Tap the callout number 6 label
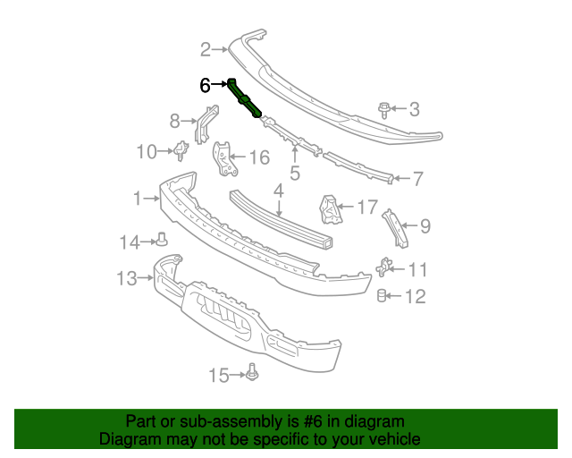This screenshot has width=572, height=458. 205,86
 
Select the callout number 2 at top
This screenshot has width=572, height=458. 205,49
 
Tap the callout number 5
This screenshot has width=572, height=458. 294,174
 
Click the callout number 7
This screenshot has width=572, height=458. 417,179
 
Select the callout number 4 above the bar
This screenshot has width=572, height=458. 278,190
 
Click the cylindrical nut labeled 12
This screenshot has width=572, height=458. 382,296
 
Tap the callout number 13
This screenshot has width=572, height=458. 127,278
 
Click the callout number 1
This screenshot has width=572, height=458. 137,199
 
